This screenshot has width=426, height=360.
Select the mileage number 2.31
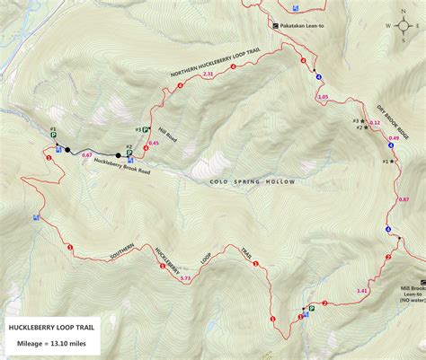pyautogui.click(x=208, y=74)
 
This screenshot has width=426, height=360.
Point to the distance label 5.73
pyautogui.click(x=185, y=278)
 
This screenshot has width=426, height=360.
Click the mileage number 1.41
pyautogui.click(x=362, y=290)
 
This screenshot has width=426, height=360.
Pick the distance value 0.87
pyautogui.click(x=403, y=199)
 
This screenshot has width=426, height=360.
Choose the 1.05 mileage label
pyautogui.click(x=323, y=96)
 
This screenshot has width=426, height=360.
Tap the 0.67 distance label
pyautogui.click(x=87, y=155)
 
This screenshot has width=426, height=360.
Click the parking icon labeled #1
pyautogui.click(x=311, y=308)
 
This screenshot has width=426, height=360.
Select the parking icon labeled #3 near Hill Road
pyautogui.click(x=145, y=129)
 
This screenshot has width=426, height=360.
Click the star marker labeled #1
pyautogui.click(x=393, y=161)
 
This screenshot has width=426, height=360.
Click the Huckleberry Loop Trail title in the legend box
pyautogui.click(x=50, y=327)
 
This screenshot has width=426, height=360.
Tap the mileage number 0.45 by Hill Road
pyautogui.click(x=153, y=143)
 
